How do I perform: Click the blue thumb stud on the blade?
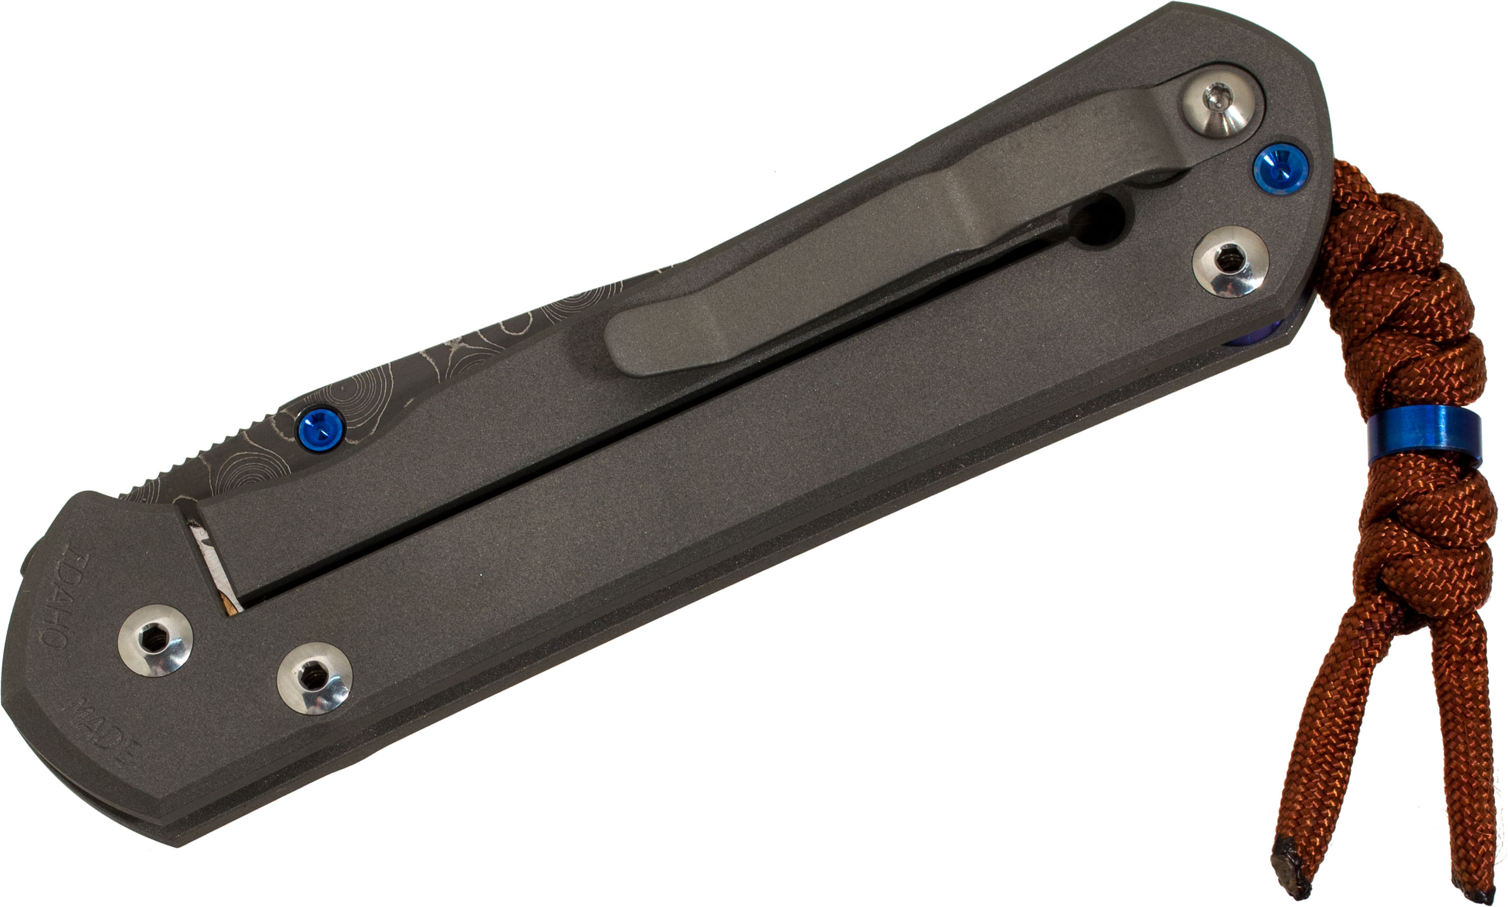click(x=321, y=426)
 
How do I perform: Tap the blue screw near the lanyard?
click(x=1280, y=168)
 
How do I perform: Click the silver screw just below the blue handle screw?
click(x=1230, y=262)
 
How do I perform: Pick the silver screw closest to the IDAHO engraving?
click(x=156, y=640)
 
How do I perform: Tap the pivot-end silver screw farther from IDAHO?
click(x=314, y=678)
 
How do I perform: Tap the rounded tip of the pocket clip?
click(x=629, y=342)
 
